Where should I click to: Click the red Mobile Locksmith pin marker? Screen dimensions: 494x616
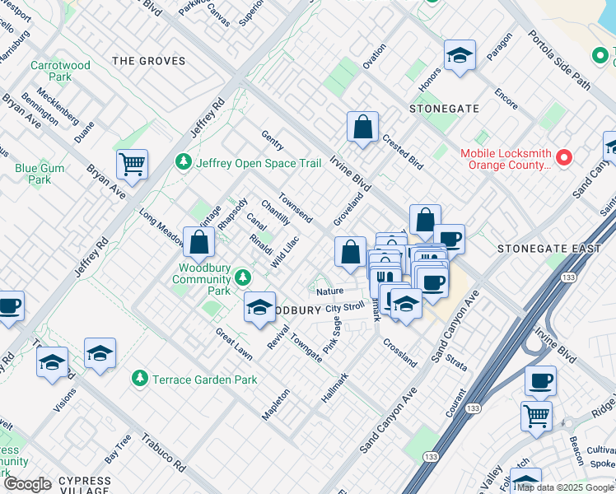point(565,157)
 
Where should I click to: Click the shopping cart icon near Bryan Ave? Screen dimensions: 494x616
point(132,164)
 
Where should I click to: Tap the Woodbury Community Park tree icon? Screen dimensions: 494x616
point(242,277)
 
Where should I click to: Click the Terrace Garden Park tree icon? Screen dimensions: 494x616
point(140,379)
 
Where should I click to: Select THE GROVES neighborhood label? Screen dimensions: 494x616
point(148,61)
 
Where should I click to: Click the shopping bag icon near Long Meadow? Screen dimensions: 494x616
point(198,242)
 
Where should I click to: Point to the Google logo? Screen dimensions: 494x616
point(26,484)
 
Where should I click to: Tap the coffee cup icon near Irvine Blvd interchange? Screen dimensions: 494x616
point(540,380)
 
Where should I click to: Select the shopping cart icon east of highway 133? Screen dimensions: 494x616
point(536,416)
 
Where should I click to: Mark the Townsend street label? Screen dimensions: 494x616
point(295,208)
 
